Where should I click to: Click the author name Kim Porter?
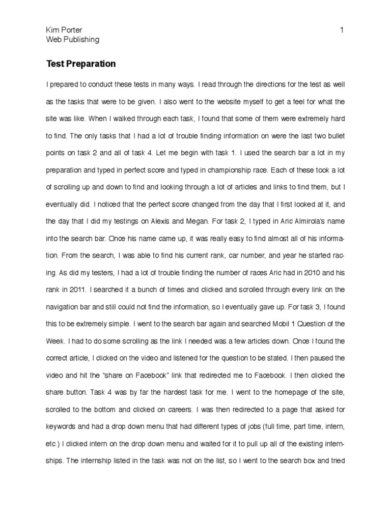click(x=64, y=30)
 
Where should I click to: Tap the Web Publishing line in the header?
click(x=72, y=39)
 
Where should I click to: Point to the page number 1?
click(x=342, y=30)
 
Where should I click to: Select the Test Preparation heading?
click(x=81, y=64)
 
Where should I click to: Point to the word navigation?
click(x=64, y=306)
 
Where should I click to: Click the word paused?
click(x=320, y=359)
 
